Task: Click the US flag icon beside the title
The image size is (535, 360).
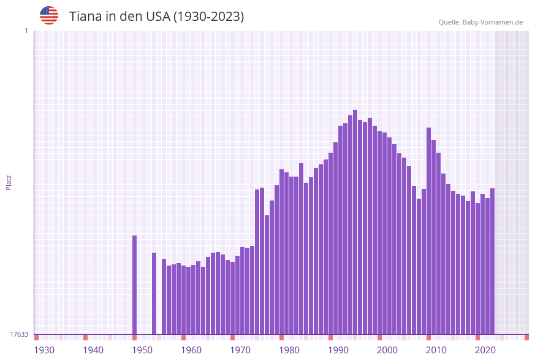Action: (x=49, y=15)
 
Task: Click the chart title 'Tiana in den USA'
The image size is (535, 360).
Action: (x=156, y=17)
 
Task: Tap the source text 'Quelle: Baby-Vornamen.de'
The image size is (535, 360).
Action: (x=480, y=22)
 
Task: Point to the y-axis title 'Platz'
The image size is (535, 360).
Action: (x=9, y=182)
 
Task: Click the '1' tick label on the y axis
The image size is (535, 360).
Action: (x=26, y=31)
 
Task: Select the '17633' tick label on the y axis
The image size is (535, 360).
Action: (x=19, y=334)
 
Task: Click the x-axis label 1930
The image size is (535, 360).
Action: (x=44, y=350)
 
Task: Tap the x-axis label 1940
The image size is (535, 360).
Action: (x=93, y=350)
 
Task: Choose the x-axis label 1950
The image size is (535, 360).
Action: (x=142, y=350)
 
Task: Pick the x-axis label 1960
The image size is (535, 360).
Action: (x=191, y=350)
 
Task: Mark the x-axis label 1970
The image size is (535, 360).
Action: (x=240, y=350)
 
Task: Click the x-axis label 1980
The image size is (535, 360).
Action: (x=289, y=350)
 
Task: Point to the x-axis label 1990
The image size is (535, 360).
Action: (x=338, y=350)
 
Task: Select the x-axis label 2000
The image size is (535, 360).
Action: (x=387, y=350)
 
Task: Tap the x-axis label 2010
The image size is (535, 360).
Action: (x=436, y=350)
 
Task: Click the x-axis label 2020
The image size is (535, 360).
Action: (x=485, y=350)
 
